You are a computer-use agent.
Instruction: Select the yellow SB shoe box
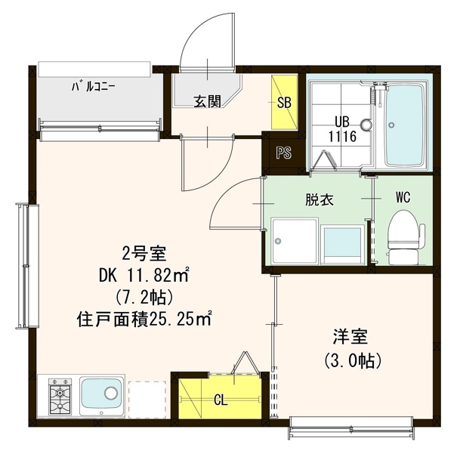(x=286, y=101)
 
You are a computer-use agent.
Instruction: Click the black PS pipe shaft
(x=283, y=153)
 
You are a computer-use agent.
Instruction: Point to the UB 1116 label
(x=341, y=128)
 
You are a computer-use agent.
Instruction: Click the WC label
(x=403, y=198)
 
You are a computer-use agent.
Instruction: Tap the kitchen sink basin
(x=103, y=395)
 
